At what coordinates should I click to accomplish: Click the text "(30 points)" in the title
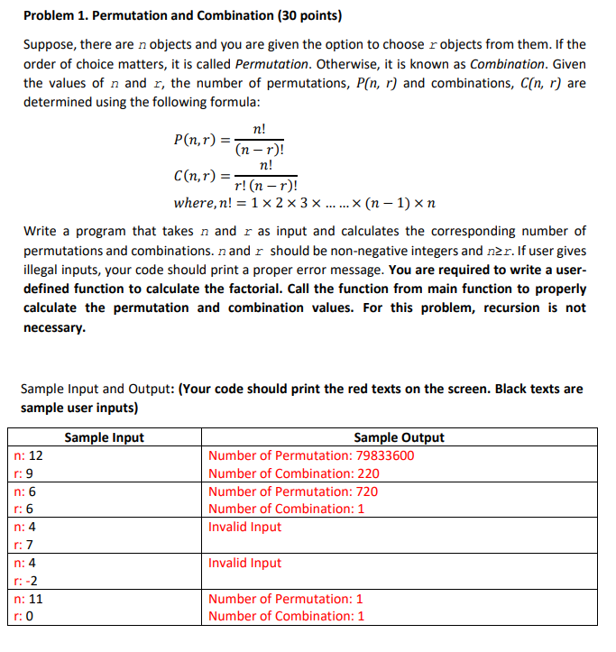click(x=298, y=16)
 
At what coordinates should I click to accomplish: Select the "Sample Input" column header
click(x=104, y=438)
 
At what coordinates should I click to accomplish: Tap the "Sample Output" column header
click(x=399, y=438)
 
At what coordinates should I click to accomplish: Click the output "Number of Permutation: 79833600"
click(x=311, y=455)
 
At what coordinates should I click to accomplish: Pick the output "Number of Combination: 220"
click(x=293, y=473)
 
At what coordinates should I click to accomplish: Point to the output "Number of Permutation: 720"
click(x=293, y=491)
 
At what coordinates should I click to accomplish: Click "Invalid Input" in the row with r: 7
click(x=244, y=527)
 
